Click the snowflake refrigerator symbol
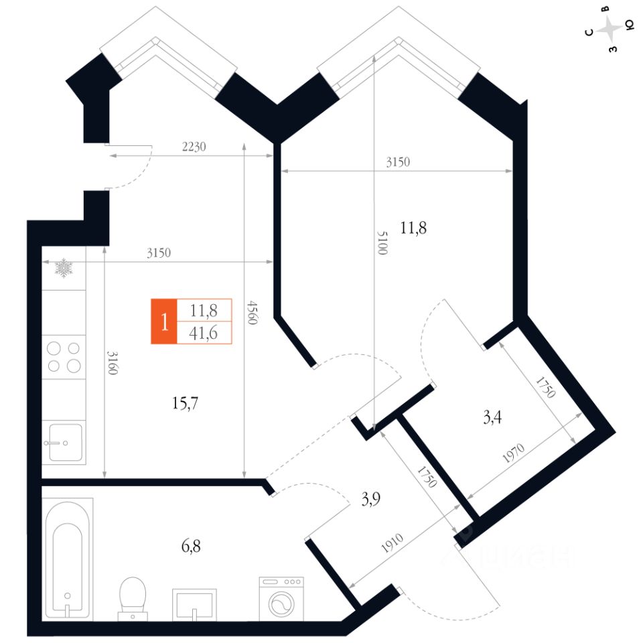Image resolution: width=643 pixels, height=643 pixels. click(x=64, y=269)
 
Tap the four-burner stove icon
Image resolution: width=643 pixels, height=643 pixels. click(x=64, y=357)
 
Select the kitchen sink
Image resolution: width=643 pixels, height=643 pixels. click(x=64, y=442)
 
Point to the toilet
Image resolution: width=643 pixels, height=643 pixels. click(x=132, y=597)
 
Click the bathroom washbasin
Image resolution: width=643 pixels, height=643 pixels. click(x=194, y=604)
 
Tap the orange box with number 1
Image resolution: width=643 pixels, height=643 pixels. click(x=163, y=321)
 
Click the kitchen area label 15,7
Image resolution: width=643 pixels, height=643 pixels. click(x=186, y=403)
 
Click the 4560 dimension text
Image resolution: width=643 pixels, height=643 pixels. click(x=251, y=311)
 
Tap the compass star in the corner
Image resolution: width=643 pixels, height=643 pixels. click(x=610, y=29)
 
